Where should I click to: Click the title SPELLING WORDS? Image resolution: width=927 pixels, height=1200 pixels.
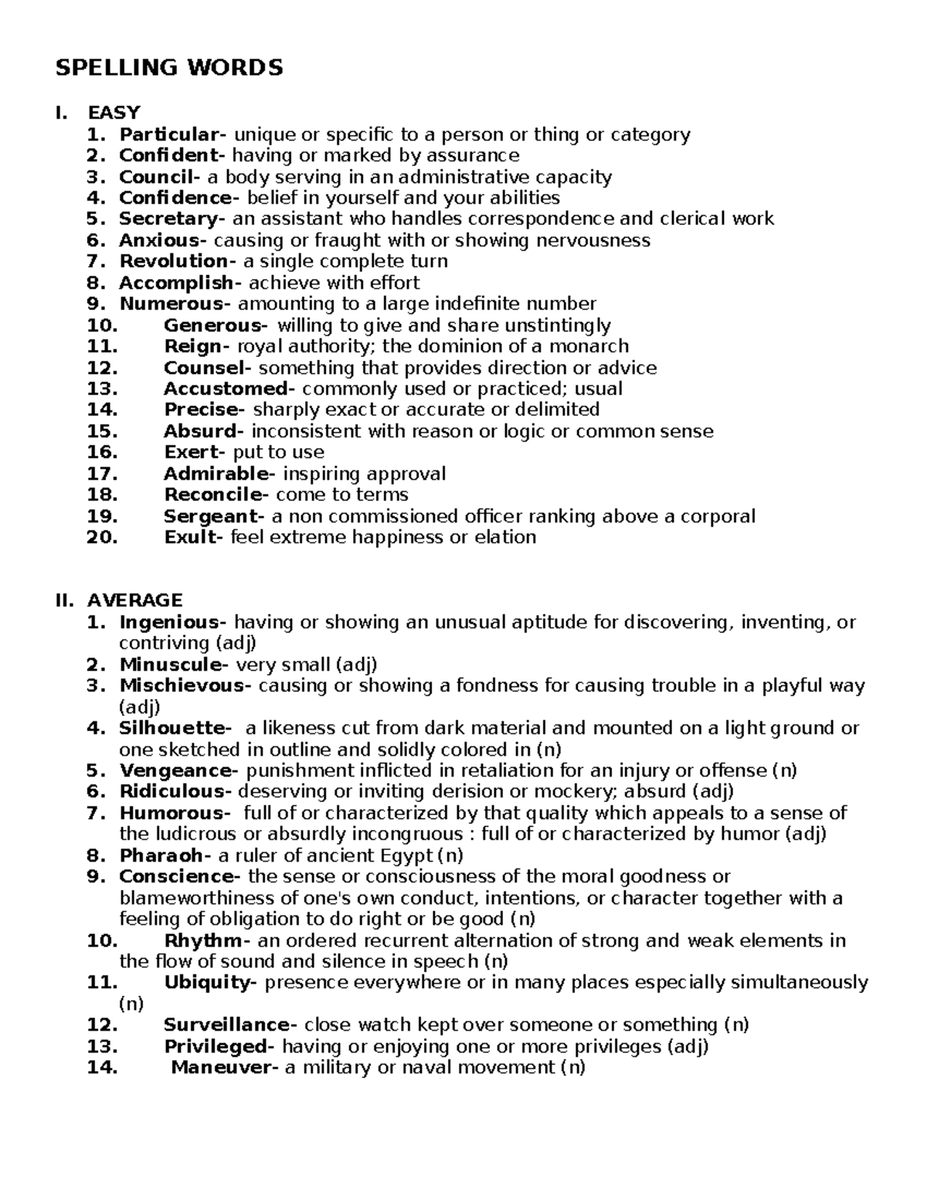(x=169, y=68)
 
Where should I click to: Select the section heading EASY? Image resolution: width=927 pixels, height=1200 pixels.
(x=114, y=114)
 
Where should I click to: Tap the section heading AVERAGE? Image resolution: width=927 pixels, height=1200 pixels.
(x=135, y=600)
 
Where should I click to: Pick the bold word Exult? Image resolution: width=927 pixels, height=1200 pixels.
(x=188, y=537)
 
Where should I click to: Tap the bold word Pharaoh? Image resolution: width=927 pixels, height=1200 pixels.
(x=160, y=855)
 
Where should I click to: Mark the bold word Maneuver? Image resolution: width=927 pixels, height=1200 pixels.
(x=223, y=1068)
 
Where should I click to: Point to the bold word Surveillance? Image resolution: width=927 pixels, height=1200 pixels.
(x=226, y=1025)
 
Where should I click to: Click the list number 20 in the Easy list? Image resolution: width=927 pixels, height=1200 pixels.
(x=102, y=537)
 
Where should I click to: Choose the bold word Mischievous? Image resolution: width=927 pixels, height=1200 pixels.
(x=183, y=685)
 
